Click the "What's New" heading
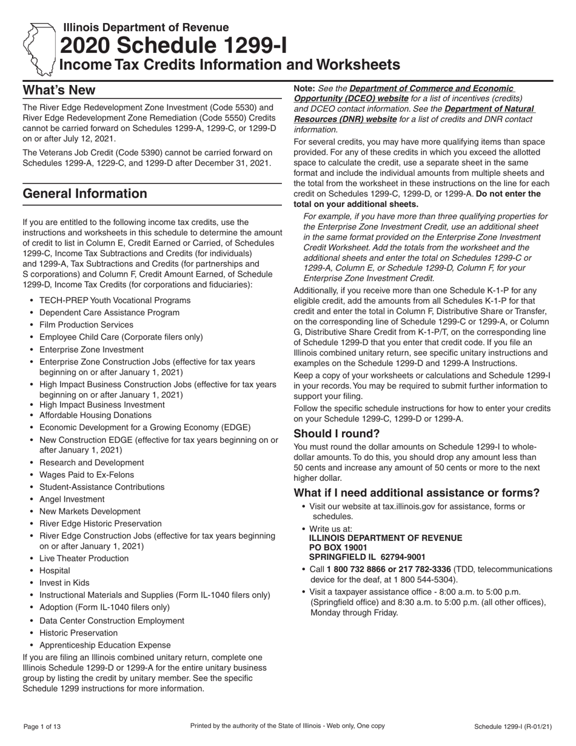click(x=59, y=90)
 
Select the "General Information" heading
click(x=84, y=193)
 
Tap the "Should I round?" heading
click(x=337, y=434)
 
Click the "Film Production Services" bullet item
click(x=86, y=324)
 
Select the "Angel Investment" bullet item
click(x=72, y=499)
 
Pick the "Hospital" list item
click(x=55, y=571)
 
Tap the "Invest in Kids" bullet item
click(x=64, y=583)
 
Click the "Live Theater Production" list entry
click(x=84, y=559)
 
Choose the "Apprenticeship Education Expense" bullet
click(x=105, y=645)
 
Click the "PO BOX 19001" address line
click(x=338, y=547)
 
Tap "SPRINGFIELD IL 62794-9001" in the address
click(x=367, y=557)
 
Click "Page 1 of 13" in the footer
click(x=42, y=727)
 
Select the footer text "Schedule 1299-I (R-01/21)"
click(x=513, y=727)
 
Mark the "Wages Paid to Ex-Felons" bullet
click(x=87, y=475)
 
